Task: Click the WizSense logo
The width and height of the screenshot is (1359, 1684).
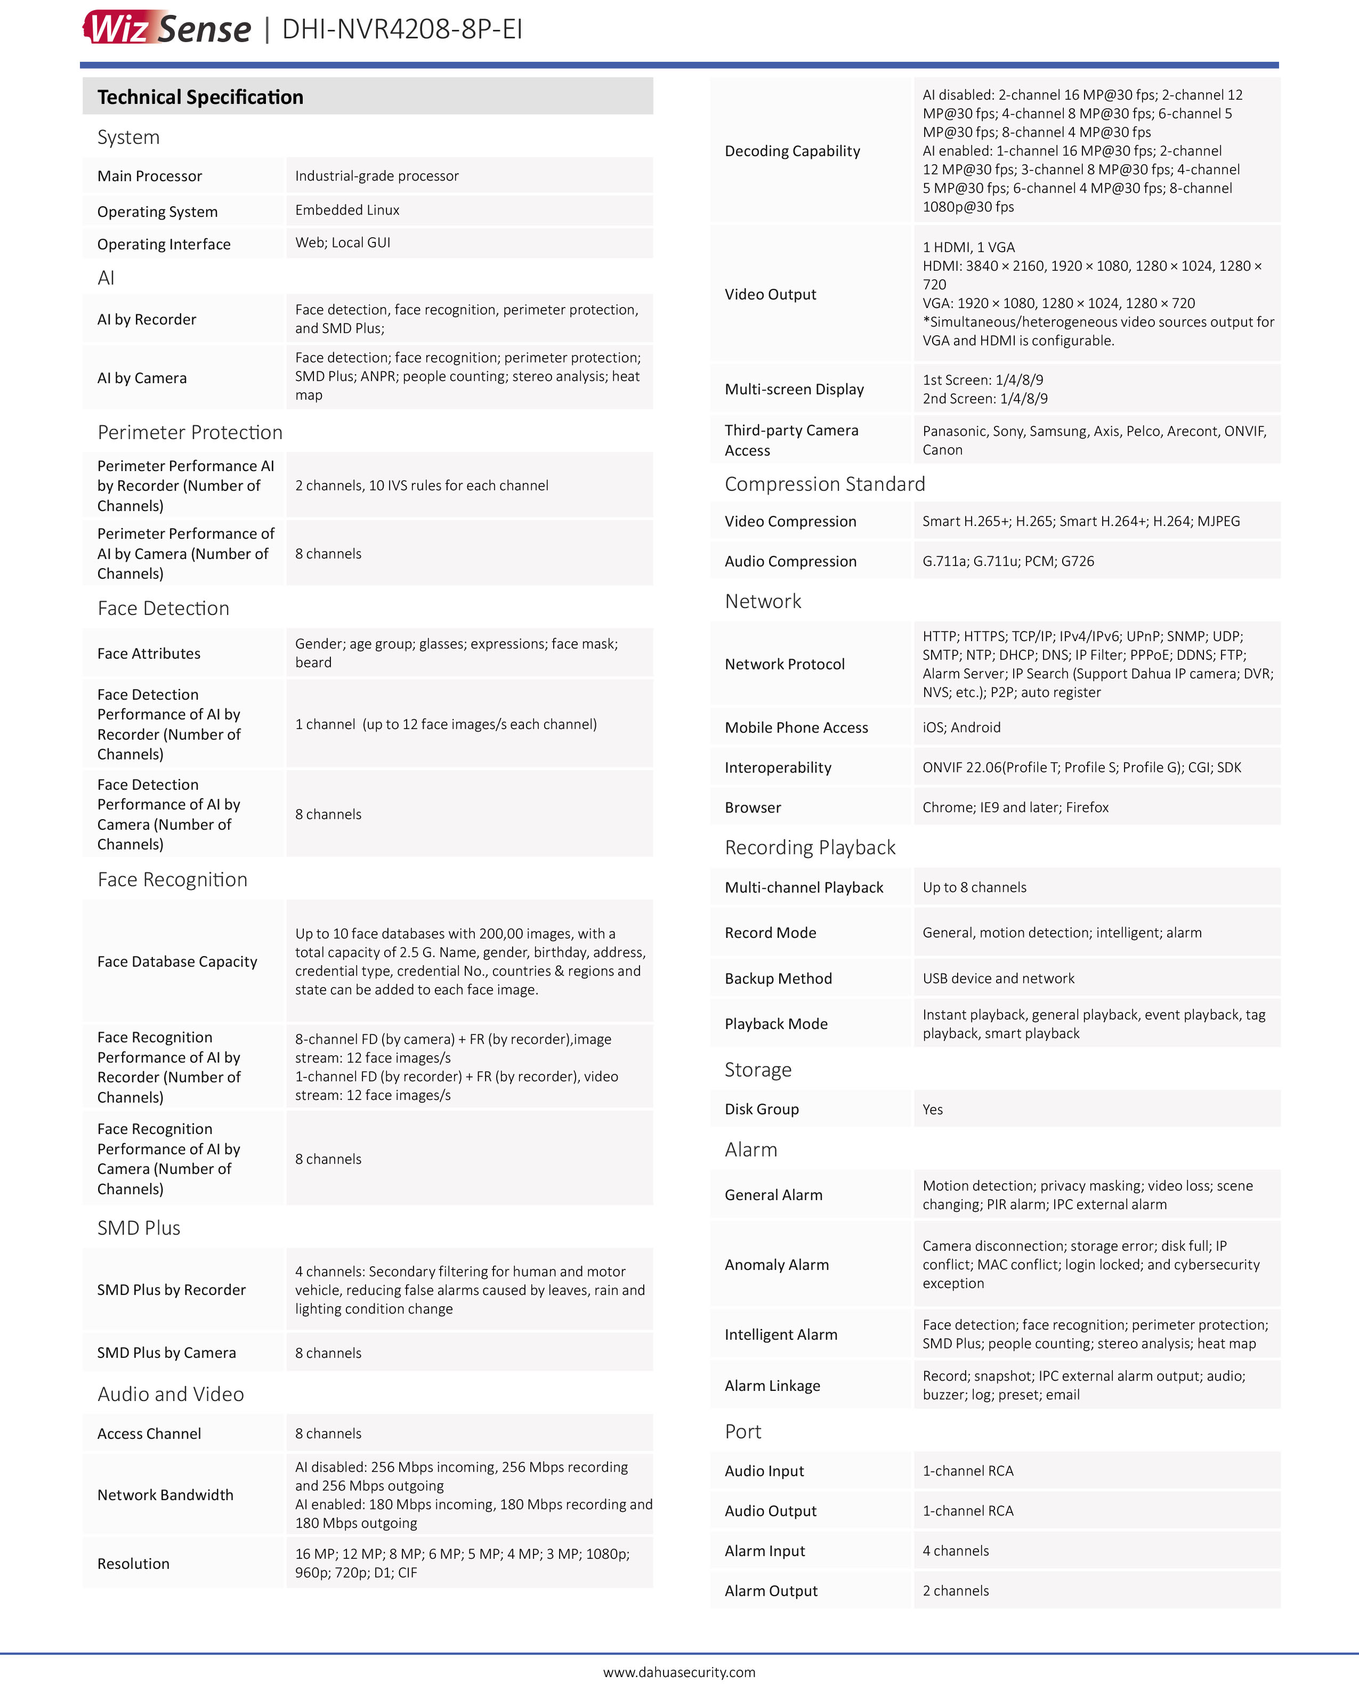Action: [167, 28]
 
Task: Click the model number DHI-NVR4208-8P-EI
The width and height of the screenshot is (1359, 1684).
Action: [402, 29]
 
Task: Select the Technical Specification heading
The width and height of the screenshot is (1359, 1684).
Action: [200, 97]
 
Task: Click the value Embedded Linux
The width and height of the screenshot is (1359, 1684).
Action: [347, 210]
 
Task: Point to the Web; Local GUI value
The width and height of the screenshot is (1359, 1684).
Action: [342, 242]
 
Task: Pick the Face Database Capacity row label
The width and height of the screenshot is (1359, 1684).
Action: [177, 961]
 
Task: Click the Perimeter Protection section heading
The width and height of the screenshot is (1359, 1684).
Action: [189, 432]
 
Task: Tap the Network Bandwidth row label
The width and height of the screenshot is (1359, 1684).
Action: [165, 1494]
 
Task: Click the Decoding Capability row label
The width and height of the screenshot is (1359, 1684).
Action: [792, 151]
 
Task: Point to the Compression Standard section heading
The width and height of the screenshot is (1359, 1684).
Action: [824, 484]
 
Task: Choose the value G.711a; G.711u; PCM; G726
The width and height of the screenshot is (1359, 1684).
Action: [1007, 561]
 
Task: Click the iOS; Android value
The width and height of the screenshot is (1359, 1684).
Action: [961, 727]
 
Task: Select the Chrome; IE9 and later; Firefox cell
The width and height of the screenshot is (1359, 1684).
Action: [1015, 807]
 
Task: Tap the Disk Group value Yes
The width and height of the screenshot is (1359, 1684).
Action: [932, 1110]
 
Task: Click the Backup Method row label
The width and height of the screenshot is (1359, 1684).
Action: [778, 978]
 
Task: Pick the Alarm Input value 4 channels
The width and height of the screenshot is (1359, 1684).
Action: [955, 1551]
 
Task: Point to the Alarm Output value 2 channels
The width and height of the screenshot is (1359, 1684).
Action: [955, 1591]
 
